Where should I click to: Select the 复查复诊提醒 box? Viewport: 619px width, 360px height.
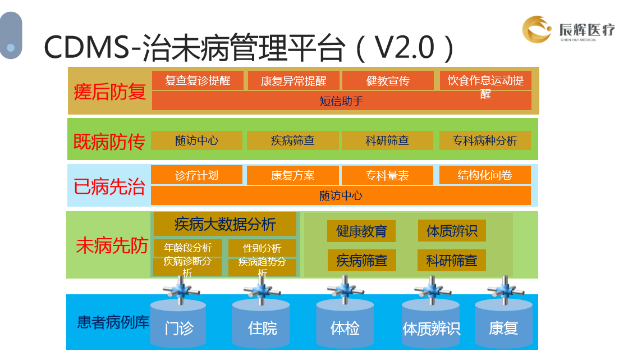pyautogui.click(x=198, y=80)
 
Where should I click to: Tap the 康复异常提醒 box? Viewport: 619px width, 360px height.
pyautogui.click(x=293, y=81)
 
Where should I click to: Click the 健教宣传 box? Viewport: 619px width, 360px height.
pyautogui.click(x=388, y=81)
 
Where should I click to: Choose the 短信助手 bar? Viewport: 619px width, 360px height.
pyautogui.click(x=341, y=101)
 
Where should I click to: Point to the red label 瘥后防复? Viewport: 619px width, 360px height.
pyautogui.click(x=109, y=92)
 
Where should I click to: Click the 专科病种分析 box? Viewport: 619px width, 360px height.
pyautogui.click(x=485, y=140)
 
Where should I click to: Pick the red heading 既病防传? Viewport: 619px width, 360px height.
pyautogui.click(x=109, y=141)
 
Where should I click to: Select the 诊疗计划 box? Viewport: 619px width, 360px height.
pyautogui.click(x=196, y=175)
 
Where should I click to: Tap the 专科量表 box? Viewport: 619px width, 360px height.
pyautogui.click(x=387, y=175)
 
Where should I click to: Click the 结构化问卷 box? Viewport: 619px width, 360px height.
pyautogui.click(x=485, y=175)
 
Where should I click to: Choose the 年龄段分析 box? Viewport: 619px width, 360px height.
pyautogui.click(x=187, y=248)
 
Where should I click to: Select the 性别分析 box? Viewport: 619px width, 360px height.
pyautogui.click(x=262, y=248)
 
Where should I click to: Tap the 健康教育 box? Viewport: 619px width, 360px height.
pyautogui.click(x=361, y=231)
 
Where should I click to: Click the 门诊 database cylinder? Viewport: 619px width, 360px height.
pyautogui.click(x=178, y=326)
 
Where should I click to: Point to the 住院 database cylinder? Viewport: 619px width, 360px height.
pyautogui.click(x=262, y=326)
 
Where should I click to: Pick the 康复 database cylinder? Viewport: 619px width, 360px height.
pyautogui.click(x=503, y=326)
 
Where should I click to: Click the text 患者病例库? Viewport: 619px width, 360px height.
pyautogui.click(x=113, y=323)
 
